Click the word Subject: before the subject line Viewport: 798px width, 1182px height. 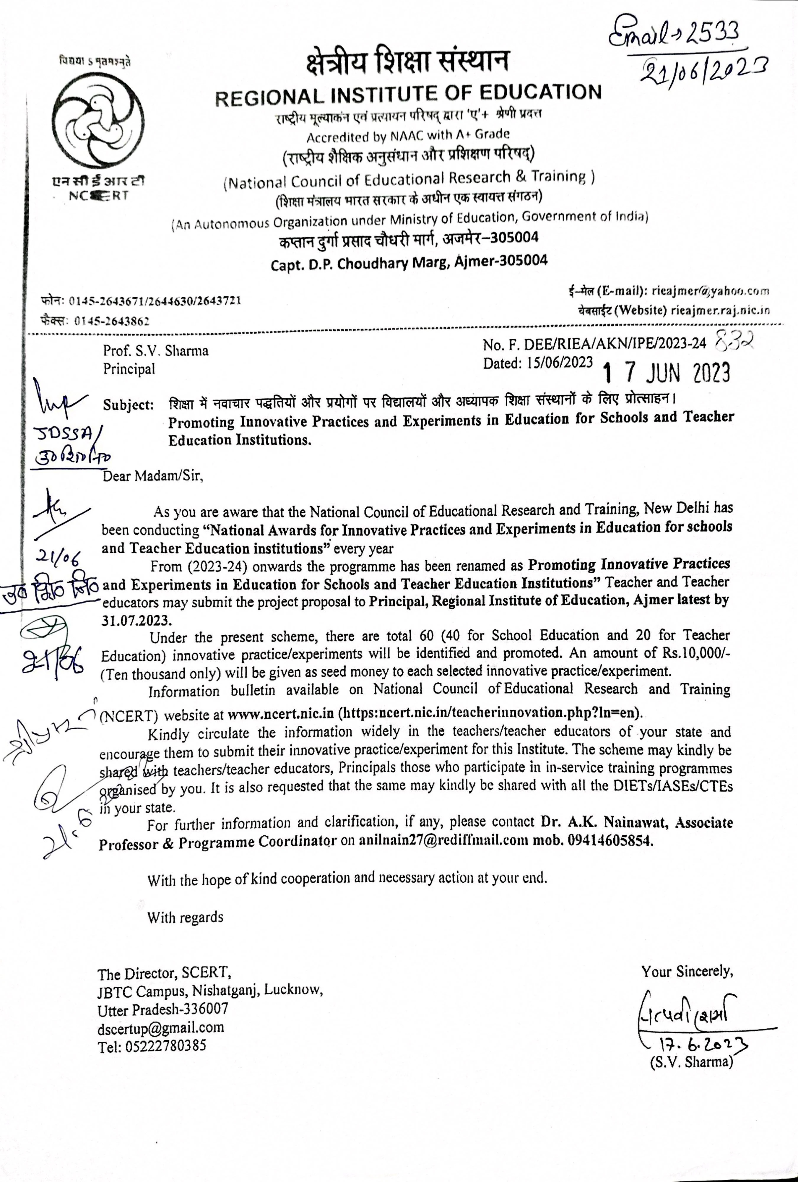click(x=128, y=405)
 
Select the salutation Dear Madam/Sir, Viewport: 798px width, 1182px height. click(x=152, y=477)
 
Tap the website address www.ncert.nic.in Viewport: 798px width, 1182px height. click(x=281, y=714)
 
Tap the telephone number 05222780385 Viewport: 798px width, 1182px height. click(x=152, y=1046)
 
